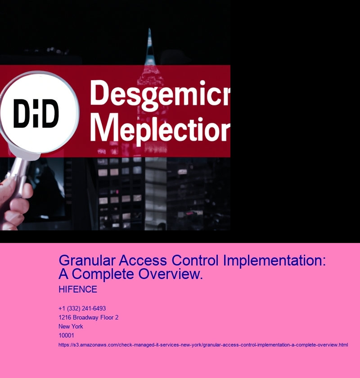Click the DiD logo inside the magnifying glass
point(36,113)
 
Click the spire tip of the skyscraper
point(149,29)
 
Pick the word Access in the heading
point(143,261)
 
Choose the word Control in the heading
point(195,261)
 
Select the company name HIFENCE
point(78,289)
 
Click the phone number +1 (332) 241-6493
point(82,309)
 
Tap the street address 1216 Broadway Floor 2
point(89,318)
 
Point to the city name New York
point(71,326)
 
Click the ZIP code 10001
point(66,335)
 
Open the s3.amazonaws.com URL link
point(203,345)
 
